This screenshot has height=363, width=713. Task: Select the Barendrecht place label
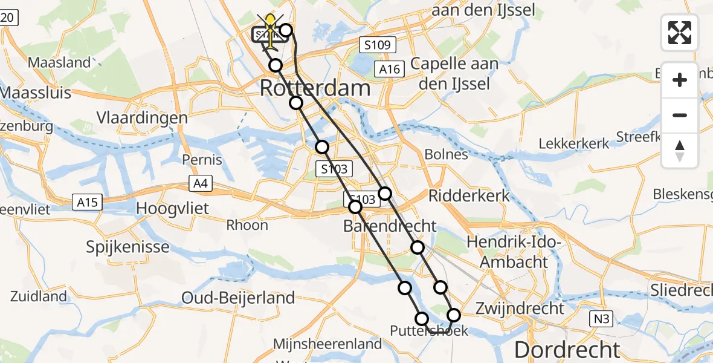pyautogui.click(x=389, y=226)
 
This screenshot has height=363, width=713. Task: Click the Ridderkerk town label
pyautogui.click(x=469, y=195)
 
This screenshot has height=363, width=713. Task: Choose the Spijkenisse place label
pyautogui.click(x=127, y=247)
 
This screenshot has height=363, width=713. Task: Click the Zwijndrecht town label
pyautogui.click(x=520, y=307)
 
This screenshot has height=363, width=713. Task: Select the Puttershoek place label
pyautogui.click(x=429, y=330)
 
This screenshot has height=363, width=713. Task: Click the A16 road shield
pyautogui.click(x=390, y=70)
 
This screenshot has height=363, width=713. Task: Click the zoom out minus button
pyautogui.click(x=680, y=115)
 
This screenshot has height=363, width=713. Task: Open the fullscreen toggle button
pyautogui.click(x=680, y=33)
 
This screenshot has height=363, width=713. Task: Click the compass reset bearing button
pyautogui.click(x=680, y=151)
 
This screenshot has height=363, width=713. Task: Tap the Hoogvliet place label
pyautogui.click(x=173, y=209)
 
